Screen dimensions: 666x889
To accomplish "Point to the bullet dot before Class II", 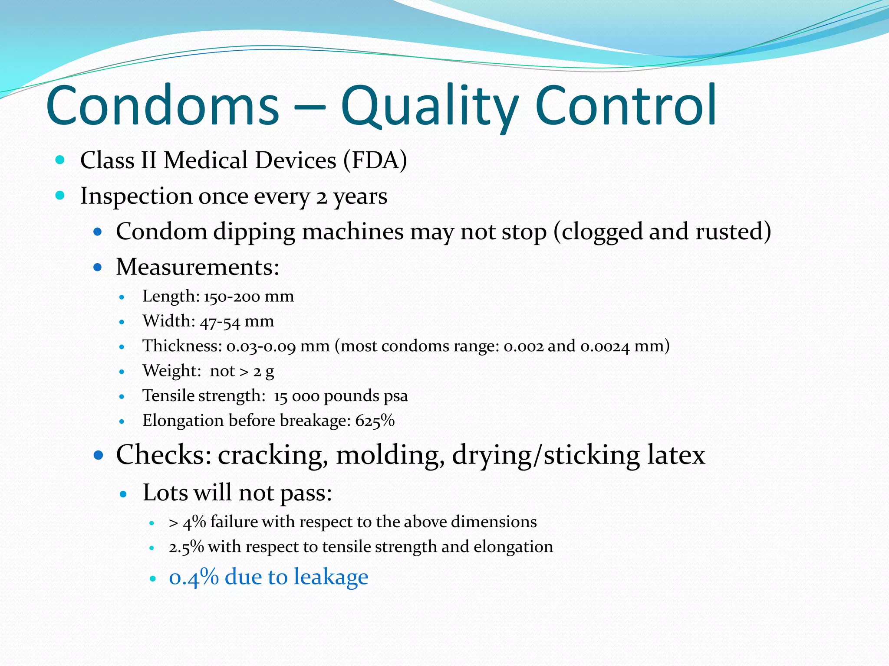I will click(x=60, y=160).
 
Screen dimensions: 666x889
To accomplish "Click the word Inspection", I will click(x=136, y=196).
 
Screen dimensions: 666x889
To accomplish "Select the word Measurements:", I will click(x=198, y=267).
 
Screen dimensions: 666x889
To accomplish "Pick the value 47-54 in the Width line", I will click(x=220, y=322).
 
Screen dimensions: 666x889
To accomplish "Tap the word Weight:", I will click(x=172, y=371).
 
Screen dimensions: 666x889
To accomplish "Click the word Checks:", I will click(x=164, y=455).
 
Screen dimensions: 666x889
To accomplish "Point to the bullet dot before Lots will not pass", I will click(x=123, y=493).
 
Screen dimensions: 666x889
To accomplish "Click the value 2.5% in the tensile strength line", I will click(x=186, y=547).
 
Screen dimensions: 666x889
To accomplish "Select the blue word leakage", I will click(x=331, y=577).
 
